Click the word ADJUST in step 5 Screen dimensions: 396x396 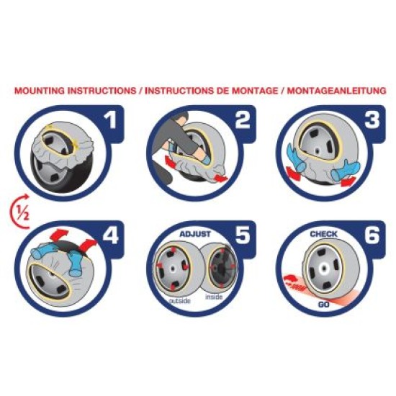click(195, 234)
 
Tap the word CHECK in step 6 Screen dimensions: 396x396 click(323, 234)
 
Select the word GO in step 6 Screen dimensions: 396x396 click(323, 305)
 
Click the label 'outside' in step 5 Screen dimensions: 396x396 click(179, 301)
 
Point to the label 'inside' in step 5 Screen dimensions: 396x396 click(214, 297)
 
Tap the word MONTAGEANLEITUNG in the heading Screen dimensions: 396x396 click(337, 91)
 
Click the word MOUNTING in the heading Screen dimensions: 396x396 click(40, 91)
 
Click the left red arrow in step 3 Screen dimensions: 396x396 click(294, 174)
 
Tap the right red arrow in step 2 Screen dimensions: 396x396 click(220, 178)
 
